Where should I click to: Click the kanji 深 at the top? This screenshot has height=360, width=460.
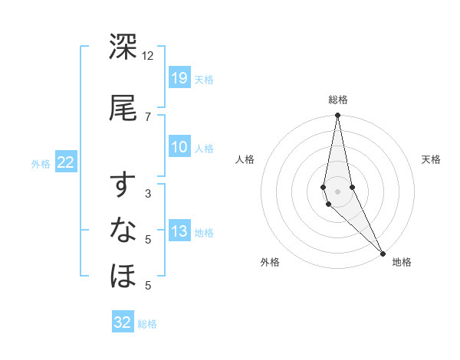point(123,47)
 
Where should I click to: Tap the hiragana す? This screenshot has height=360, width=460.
point(123,186)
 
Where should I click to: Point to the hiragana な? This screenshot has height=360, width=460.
point(123,231)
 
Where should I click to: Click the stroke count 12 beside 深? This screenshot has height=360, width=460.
point(148,56)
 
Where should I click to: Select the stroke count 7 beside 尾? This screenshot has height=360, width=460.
point(148,116)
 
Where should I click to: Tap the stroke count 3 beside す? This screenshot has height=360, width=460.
point(148,195)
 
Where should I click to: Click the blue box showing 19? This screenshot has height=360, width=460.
point(179,77)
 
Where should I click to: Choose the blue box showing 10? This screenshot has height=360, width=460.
point(179,147)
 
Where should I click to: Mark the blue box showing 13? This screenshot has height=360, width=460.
point(179,231)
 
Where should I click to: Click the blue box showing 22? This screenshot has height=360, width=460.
point(66,162)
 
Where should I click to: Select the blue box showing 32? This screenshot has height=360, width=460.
point(123,322)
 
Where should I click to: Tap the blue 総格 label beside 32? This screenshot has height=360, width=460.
point(147,324)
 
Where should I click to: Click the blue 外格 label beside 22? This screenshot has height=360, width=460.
point(41,163)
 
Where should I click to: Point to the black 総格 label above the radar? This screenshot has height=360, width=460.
point(338,100)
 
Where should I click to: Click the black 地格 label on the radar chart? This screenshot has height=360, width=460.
point(402,262)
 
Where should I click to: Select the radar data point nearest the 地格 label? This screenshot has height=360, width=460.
point(383,253)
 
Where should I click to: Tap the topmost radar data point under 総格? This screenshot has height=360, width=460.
point(337,116)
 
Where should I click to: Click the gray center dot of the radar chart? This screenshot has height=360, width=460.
point(337,191)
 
